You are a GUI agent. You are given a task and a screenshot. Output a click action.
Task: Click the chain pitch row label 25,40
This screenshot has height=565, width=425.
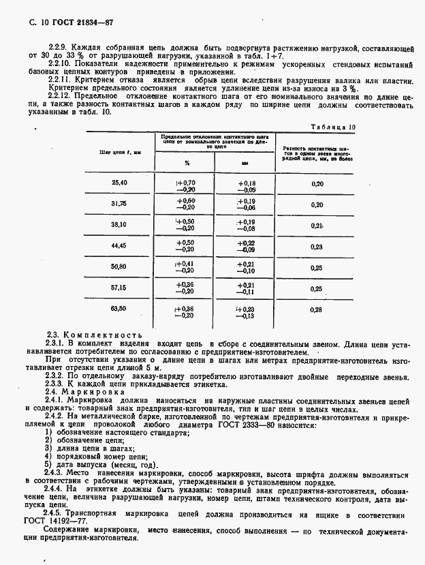tap(119, 183)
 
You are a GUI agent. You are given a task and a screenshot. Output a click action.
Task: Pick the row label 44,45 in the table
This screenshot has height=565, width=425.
tap(119, 247)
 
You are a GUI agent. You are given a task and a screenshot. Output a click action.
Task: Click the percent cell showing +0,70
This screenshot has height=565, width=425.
tap(186, 183)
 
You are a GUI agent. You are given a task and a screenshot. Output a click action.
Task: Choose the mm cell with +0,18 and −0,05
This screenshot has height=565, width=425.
tap(246, 187)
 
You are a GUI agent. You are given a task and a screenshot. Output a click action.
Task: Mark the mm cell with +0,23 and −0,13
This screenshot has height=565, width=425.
tap(246, 311)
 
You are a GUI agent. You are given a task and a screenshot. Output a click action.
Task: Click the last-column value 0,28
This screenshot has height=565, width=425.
tap(317, 311)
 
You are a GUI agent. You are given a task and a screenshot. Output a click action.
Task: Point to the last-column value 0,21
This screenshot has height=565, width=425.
tap(317, 226)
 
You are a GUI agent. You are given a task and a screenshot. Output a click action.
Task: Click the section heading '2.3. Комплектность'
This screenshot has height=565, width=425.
tap(94, 335)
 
